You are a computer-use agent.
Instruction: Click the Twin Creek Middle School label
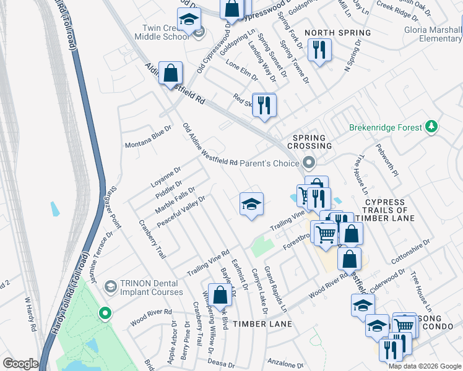pos(165,32)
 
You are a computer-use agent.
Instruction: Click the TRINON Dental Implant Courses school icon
pos(110,286)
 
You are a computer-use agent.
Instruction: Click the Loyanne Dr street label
pos(165,177)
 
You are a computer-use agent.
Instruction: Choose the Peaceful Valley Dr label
pos(180,211)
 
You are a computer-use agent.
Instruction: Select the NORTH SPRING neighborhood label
pos(337,33)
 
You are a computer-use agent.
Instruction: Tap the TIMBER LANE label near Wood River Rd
pos(270,324)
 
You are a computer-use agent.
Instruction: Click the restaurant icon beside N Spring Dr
pos(319,51)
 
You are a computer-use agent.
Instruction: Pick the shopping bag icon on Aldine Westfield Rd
pos(170,74)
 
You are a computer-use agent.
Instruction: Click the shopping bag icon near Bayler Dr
pos(220,296)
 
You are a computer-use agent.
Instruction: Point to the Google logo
pos(20,364)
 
